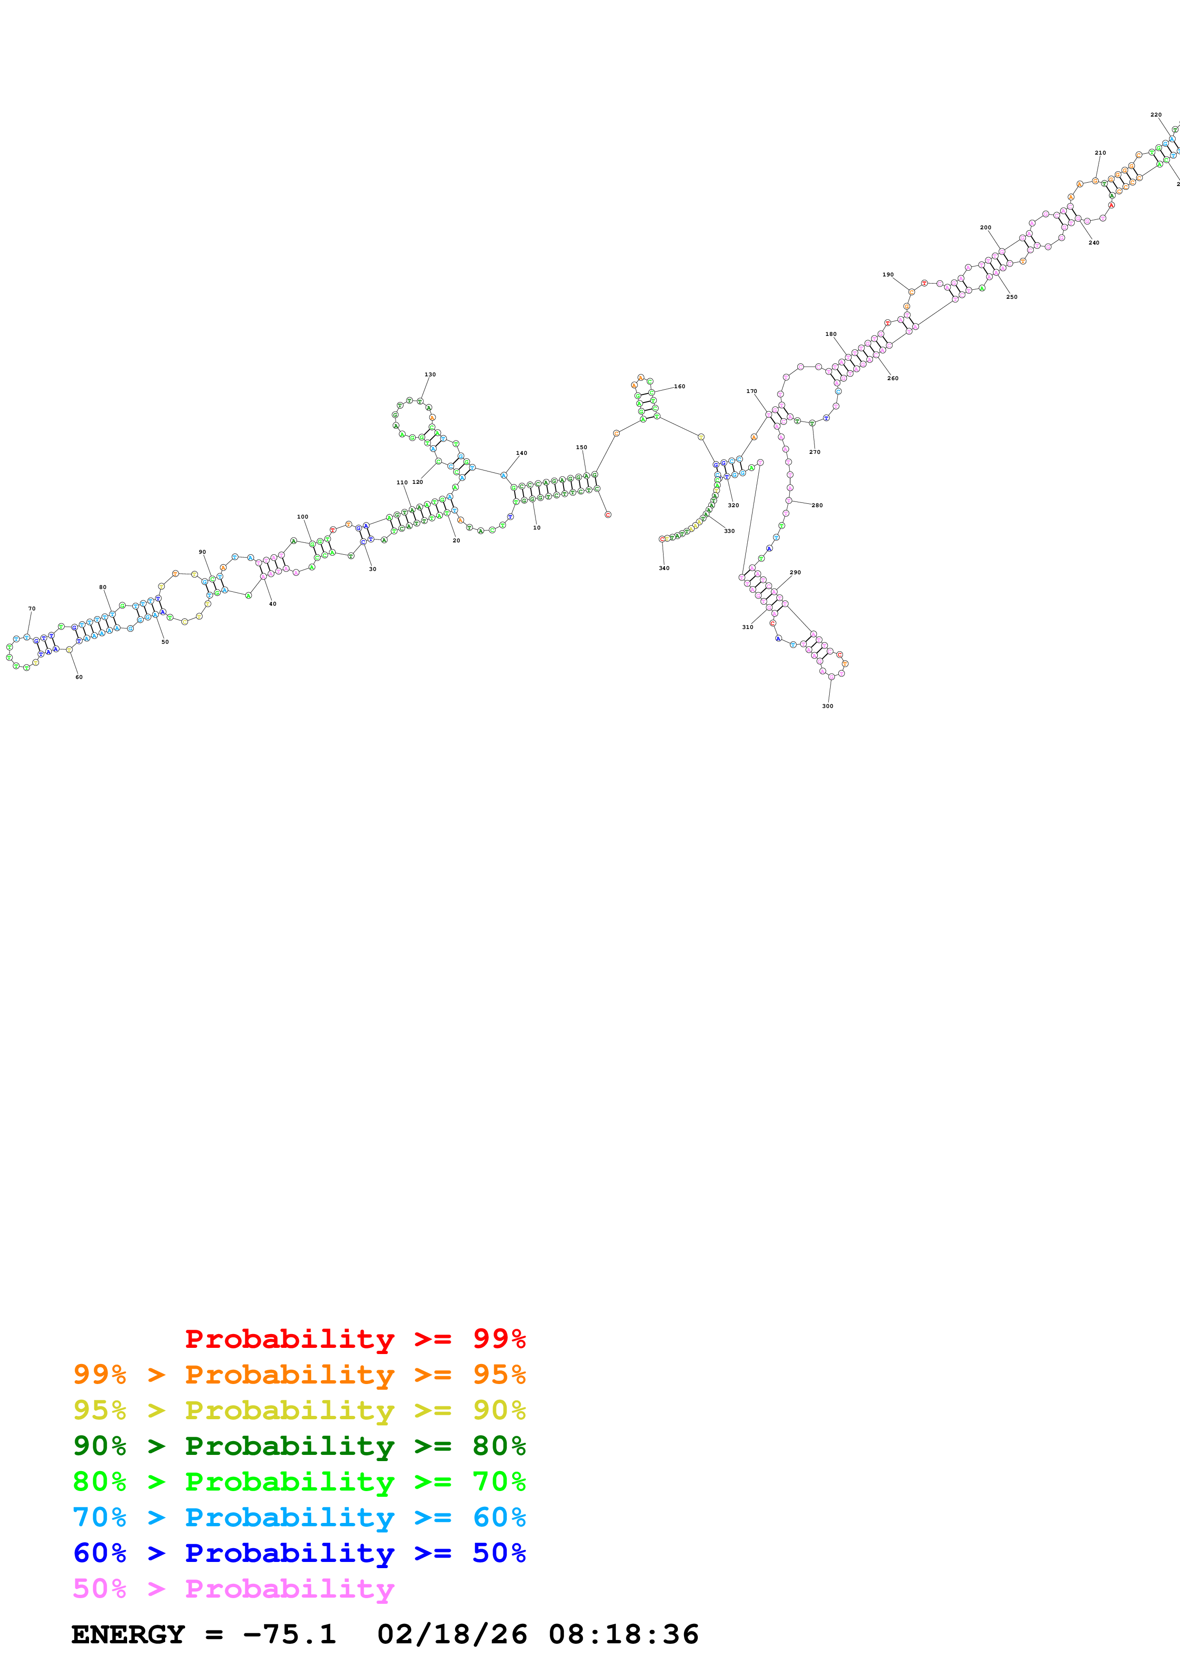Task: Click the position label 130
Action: pos(430,375)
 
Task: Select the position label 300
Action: pos(827,706)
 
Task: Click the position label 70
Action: pos(31,609)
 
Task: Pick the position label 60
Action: pos(79,677)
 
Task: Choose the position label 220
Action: pos(1155,115)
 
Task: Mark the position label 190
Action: pos(888,275)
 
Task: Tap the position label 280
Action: pos(817,505)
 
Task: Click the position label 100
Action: pos(302,517)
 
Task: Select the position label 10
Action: pos(536,528)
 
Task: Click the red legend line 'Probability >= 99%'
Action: pos(355,1338)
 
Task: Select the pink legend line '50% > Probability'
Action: pos(233,1588)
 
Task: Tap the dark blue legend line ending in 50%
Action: pos(299,1553)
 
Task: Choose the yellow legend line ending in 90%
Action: pos(299,1410)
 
